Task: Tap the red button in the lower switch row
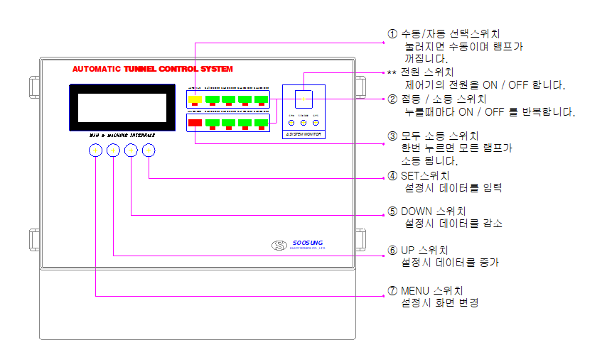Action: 195,123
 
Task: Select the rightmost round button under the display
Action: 148,150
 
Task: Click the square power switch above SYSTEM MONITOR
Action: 303,97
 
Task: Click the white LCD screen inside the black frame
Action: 122,107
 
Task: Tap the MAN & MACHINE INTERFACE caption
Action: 122,133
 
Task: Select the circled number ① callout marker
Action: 392,34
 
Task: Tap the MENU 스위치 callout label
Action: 431,291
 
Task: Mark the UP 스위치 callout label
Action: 424,251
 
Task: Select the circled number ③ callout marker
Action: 392,136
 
